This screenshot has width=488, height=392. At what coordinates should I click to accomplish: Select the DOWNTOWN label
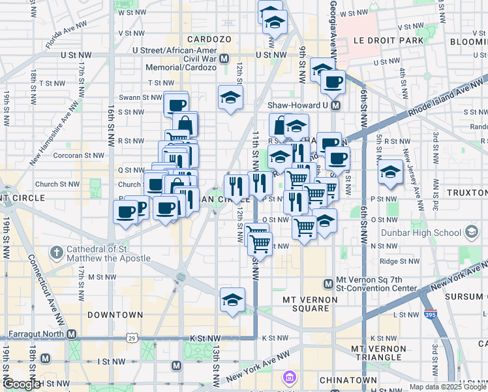click(x=115, y=315)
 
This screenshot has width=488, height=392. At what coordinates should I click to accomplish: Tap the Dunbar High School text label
click(x=427, y=232)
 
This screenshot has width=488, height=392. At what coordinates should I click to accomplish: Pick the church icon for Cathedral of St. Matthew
click(x=57, y=251)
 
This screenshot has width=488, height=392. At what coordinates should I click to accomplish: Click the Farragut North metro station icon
click(x=72, y=334)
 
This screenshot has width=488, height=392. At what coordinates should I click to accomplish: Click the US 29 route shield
click(x=132, y=338)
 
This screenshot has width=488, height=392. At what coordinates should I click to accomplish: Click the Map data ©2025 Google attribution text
click(x=448, y=387)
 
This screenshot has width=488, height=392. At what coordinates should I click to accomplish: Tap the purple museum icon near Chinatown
click(x=288, y=377)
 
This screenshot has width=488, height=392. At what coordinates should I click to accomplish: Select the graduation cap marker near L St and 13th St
click(x=232, y=299)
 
